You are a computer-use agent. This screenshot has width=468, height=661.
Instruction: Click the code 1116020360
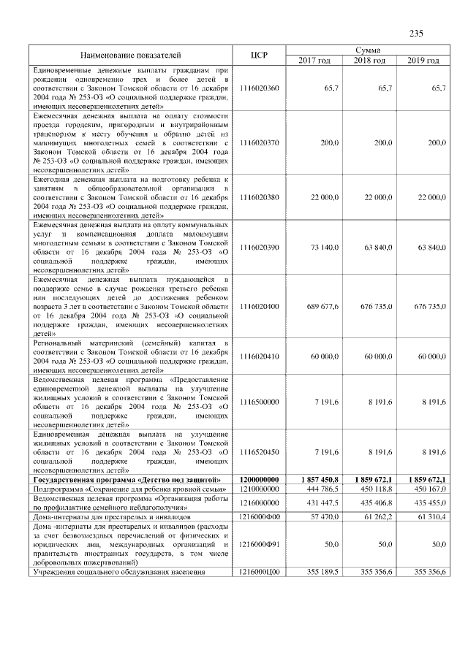pyautogui.click(x=260, y=88)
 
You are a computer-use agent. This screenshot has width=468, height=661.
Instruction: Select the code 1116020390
pyautogui.click(x=260, y=248)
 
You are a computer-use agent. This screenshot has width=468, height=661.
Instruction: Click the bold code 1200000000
pyautogui.click(x=260, y=478)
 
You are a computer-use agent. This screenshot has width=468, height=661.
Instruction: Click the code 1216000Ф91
pyautogui.click(x=260, y=544)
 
